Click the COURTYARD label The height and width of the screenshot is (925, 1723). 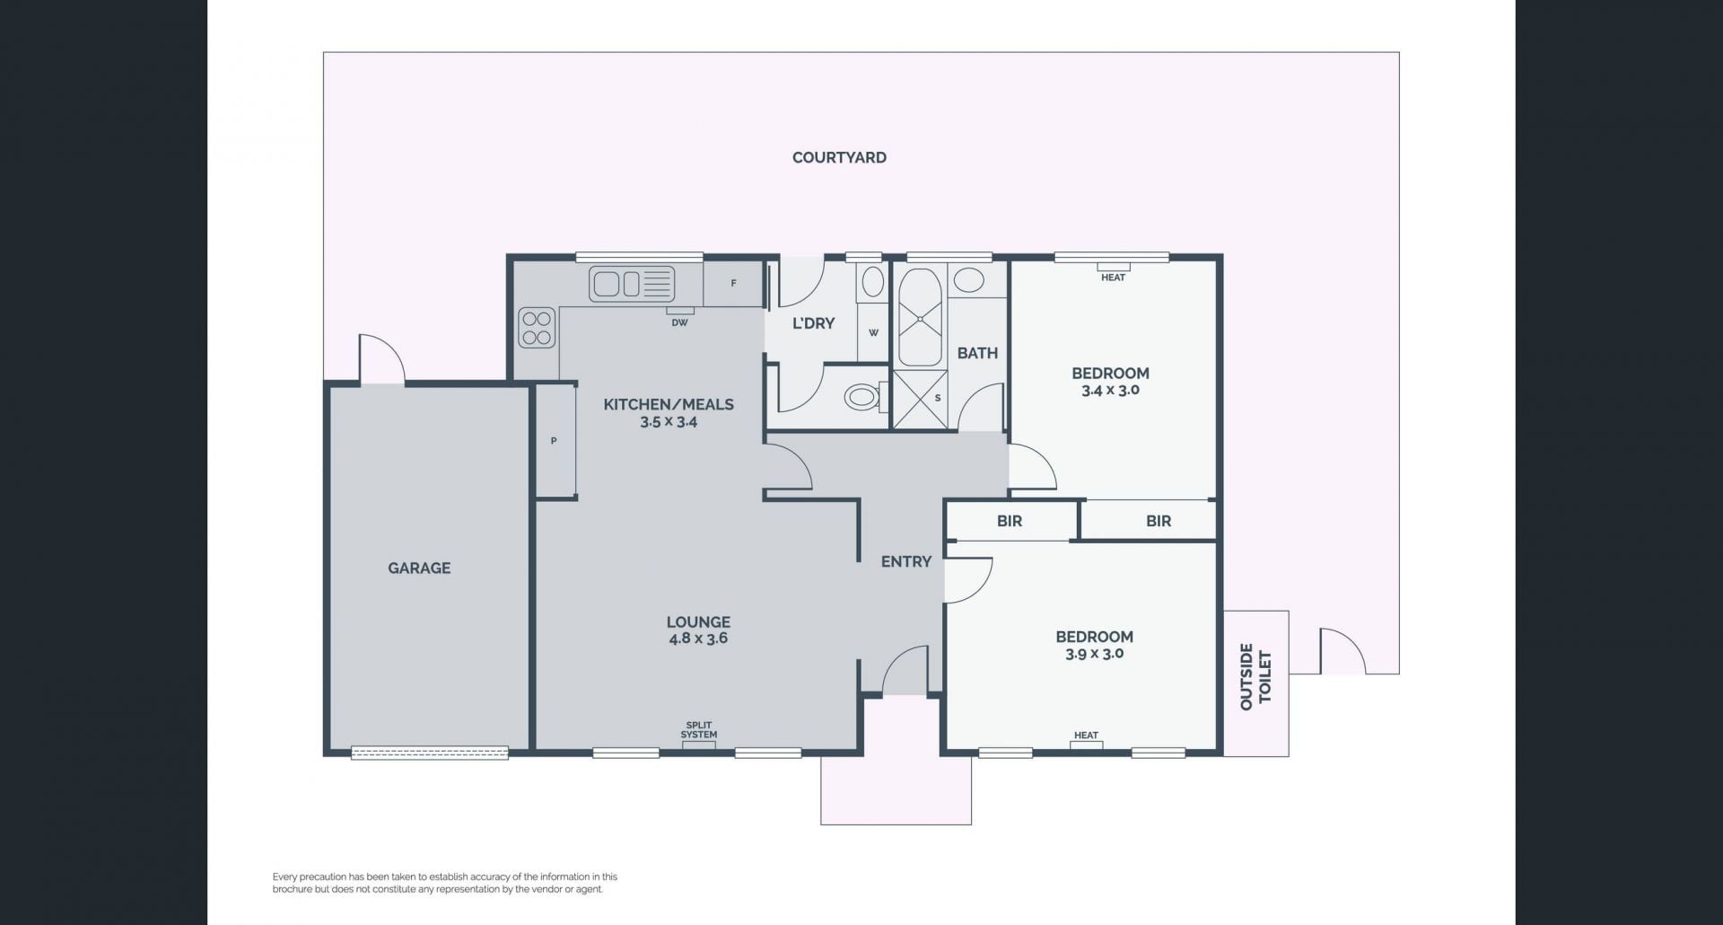pyautogui.click(x=839, y=157)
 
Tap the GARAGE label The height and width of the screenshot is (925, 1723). pyautogui.click(x=419, y=568)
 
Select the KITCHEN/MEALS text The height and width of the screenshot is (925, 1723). pyautogui.click(x=669, y=404)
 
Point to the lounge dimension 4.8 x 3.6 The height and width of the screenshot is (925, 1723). pyautogui.click(x=697, y=639)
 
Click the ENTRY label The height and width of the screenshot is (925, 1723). pyautogui.click(x=906, y=561)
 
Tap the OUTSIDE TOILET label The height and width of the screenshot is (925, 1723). pyautogui.click(x=1255, y=676)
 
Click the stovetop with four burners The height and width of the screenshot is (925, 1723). pyautogui.click(x=537, y=328)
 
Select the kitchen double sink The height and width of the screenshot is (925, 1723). pyautogui.click(x=632, y=284)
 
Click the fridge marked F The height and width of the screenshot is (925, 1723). pyautogui.click(x=733, y=283)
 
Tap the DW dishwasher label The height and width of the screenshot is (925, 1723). pyautogui.click(x=679, y=322)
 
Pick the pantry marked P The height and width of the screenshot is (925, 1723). pyautogui.click(x=555, y=440)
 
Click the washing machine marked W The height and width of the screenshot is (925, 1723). pyautogui.click(x=873, y=332)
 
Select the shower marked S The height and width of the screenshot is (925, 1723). pyautogui.click(x=920, y=398)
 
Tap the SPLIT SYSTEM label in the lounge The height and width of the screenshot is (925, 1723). pyautogui.click(x=698, y=730)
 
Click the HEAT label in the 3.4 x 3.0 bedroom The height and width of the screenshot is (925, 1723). pyautogui.click(x=1113, y=277)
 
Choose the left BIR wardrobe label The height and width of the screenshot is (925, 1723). pyautogui.click(x=1010, y=521)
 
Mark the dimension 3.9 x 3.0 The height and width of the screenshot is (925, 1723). pyautogui.click(x=1094, y=654)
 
